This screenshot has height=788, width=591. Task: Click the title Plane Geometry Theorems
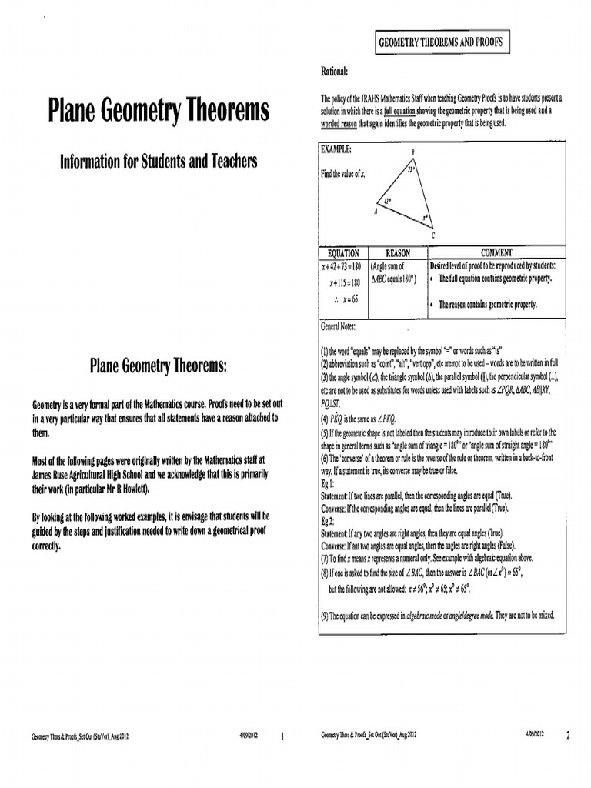click(x=159, y=111)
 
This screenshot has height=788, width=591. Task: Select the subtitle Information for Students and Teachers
click(x=159, y=162)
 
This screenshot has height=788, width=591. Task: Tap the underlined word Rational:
click(x=335, y=72)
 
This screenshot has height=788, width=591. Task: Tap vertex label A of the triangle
click(x=376, y=209)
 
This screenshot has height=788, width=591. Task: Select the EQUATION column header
click(x=343, y=252)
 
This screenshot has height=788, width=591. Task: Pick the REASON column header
click(x=398, y=252)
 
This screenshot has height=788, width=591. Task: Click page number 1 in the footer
click(x=282, y=736)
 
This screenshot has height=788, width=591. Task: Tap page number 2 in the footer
click(x=568, y=736)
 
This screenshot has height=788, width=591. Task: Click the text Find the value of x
click(x=343, y=175)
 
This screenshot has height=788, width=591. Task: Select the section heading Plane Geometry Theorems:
click(x=159, y=366)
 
